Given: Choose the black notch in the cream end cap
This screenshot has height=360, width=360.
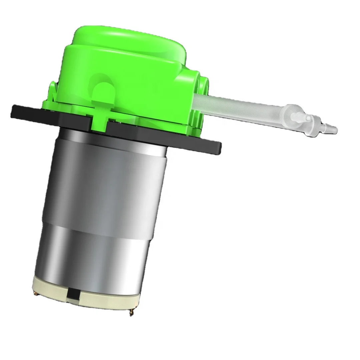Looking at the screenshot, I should [71, 294].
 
